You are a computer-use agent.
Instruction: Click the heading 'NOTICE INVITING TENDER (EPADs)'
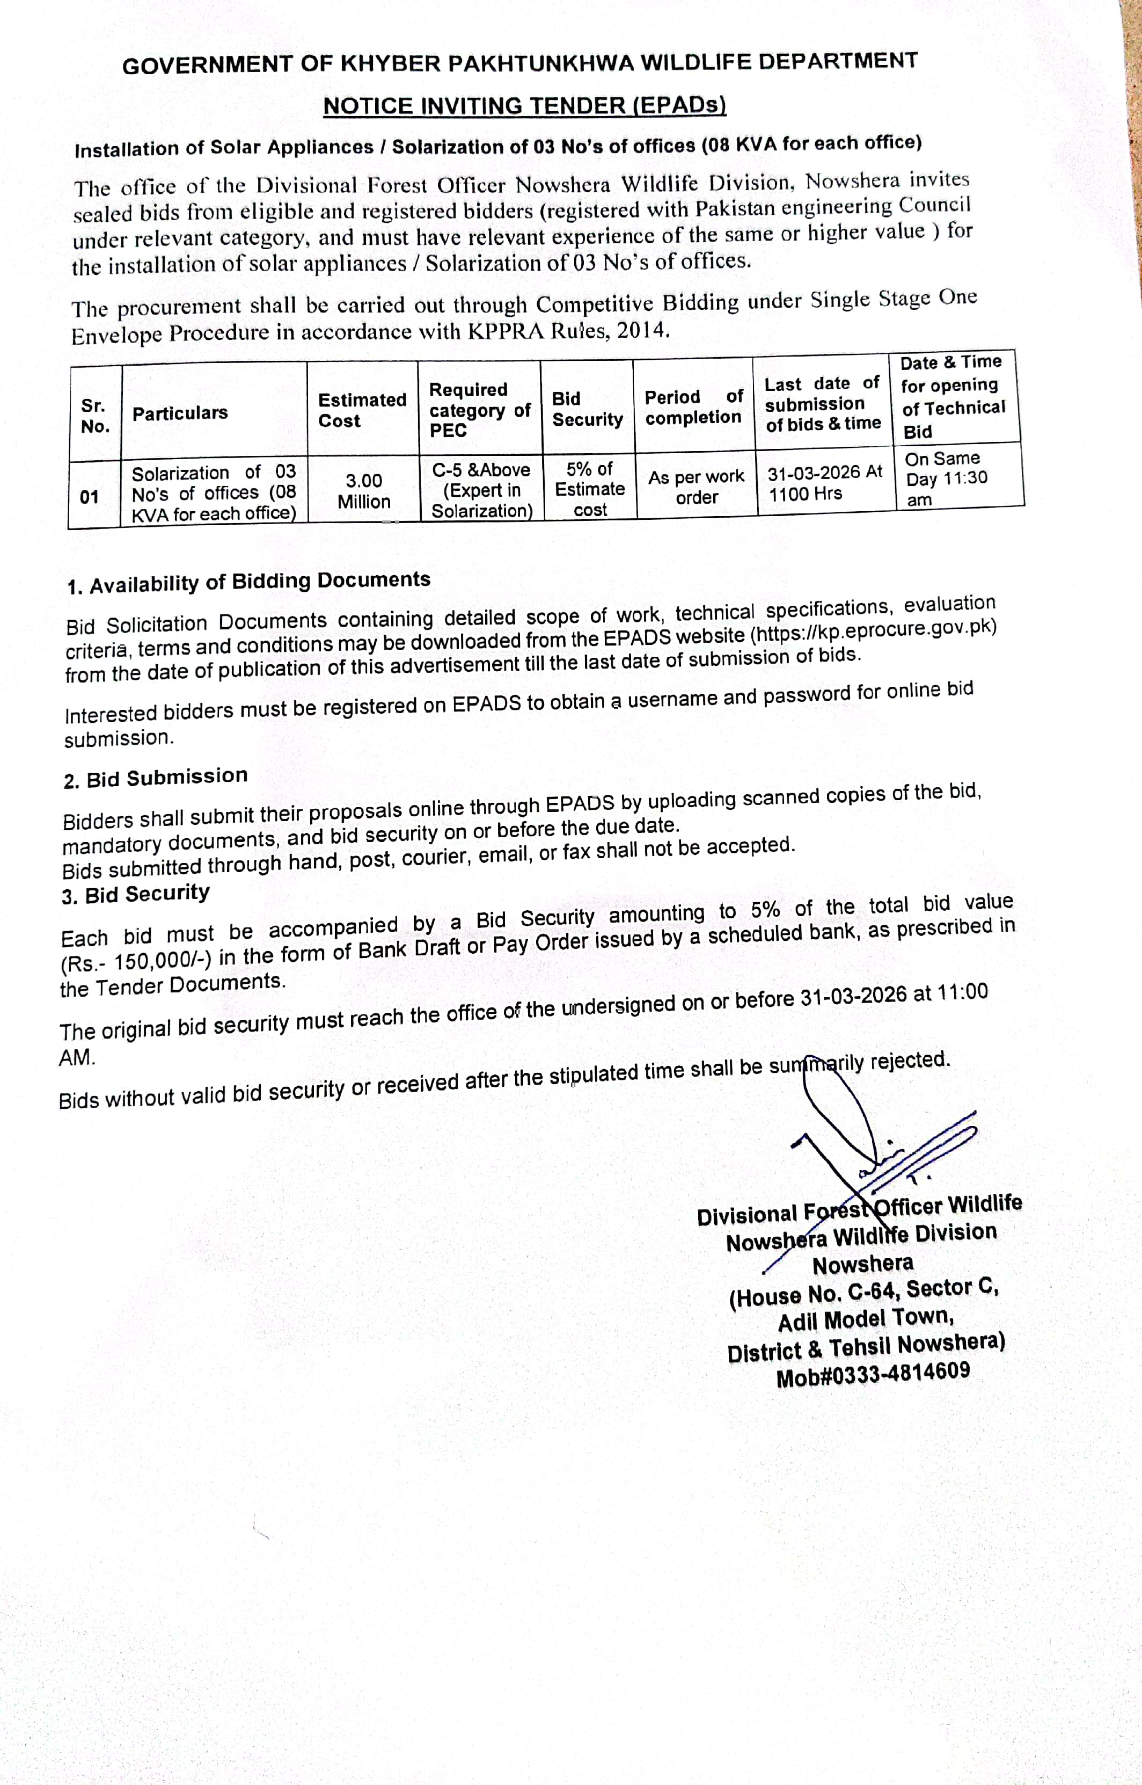[524, 105]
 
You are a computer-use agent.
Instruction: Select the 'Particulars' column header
[180, 413]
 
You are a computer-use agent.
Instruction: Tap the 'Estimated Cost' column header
[362, 410]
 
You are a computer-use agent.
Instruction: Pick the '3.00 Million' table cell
[363, 491]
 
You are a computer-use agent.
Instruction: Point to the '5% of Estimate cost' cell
[590, 489]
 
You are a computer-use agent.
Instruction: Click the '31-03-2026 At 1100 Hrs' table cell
[825, 483]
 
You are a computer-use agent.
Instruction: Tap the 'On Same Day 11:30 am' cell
[946, 478]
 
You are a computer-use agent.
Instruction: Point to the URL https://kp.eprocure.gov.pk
[874, 630]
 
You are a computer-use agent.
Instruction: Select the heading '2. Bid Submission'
[156, 778]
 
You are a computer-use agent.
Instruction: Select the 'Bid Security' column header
[587, 409]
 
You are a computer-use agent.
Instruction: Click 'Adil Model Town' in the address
[866, 1319]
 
